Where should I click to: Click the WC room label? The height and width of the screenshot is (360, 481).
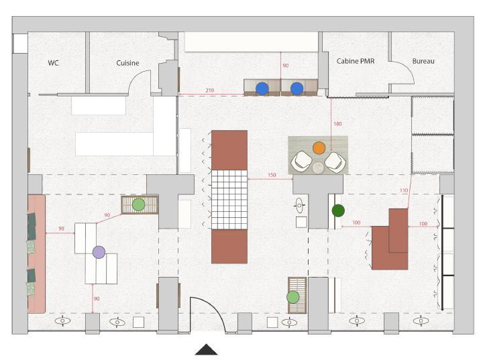tap(53, 63)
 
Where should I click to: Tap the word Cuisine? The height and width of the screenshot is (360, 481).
tap(127, 63)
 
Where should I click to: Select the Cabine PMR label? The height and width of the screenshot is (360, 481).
tap(356, 61)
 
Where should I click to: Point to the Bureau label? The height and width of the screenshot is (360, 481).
tap(423, 61)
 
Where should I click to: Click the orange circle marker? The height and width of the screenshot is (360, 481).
tap(319, 147)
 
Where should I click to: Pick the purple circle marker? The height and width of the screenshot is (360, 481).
tap(99, 252)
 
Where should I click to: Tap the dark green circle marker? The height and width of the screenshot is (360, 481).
tap(338, 211)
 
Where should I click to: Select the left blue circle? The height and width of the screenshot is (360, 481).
tap(262, 88)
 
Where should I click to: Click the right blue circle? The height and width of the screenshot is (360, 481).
tap(297, 88)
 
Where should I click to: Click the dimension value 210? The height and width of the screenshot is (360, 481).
tap(210, 91)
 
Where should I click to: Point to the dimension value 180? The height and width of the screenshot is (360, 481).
tap(337, 124)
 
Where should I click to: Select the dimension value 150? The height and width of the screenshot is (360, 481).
tap(272, 175)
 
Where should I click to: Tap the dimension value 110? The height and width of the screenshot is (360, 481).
tap(404, 190)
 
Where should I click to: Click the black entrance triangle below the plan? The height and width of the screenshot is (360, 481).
tap(207, 350)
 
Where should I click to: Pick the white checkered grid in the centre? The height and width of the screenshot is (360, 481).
tap(229, 199)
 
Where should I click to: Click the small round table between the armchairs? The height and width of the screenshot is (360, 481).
tap(318, 168)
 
